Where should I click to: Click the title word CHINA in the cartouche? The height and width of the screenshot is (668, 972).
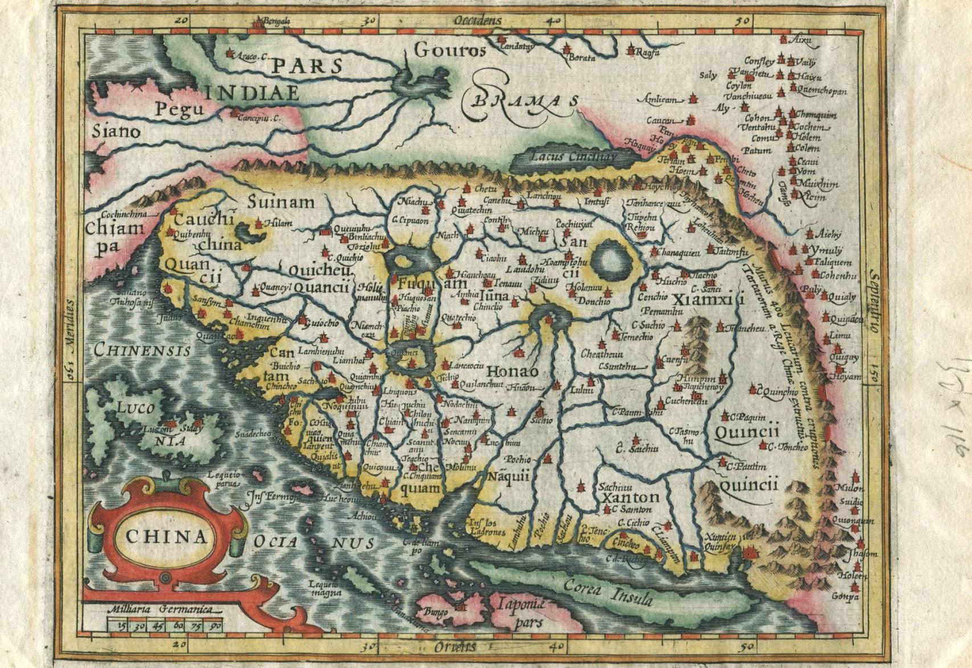[x=166, y=537]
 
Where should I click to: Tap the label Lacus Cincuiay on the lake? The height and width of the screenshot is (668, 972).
[x=573, y=156]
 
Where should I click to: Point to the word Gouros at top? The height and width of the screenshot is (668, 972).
[x=450, y=51]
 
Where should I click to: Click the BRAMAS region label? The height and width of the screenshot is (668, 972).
[x=524, y=102]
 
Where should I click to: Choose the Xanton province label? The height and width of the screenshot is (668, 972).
[x=630, y=497]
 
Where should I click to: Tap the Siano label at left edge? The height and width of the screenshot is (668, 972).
[x=116, y=132]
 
